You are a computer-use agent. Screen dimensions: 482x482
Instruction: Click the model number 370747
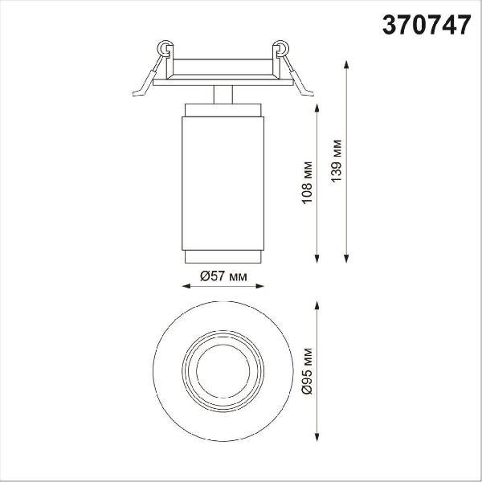[x=427, y=25]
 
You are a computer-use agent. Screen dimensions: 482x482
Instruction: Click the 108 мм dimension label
[x=307, y=182]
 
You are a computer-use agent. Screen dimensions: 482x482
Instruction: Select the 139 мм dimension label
[x=337, y=161]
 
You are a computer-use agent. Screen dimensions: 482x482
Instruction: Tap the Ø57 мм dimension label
[x=223, y=276]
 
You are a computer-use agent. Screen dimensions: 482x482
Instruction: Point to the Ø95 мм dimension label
[x=307, y=371]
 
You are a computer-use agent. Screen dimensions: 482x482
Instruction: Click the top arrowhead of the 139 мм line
[x=346, y=64]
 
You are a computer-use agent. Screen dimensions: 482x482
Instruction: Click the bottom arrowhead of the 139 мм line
[x=346, y=259]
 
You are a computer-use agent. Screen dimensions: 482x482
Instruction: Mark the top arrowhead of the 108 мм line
[x=317, y=108]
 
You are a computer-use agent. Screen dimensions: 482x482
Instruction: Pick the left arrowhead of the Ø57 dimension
[x=186, y=286]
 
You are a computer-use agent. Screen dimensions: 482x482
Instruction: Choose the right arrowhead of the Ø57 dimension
[x=259, y=286]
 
